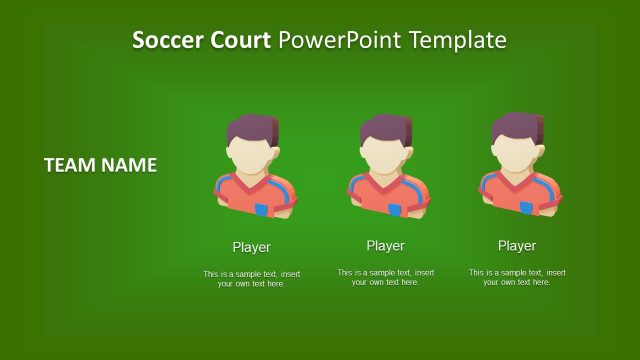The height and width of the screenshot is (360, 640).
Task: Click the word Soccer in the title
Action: [166, 41]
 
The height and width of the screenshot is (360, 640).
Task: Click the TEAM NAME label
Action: [100, 165]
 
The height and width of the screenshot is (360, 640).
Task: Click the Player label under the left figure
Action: [251, 247]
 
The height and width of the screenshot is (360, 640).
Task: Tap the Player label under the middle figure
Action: [385, 245]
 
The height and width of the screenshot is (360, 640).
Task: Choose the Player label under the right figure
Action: [517, 245]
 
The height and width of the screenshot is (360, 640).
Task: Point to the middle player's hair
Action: [386, 129]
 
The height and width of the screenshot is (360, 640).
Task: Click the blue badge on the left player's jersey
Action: [262, 209]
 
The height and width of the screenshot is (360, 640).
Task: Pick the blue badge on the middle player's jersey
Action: [395, 210]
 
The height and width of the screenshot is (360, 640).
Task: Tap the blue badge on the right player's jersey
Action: [527, 207]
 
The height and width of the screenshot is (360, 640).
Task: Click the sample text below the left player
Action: [251, 279]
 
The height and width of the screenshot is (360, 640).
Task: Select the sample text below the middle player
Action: [385, 277]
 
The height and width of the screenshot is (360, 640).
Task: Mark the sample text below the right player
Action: [517, 277]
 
